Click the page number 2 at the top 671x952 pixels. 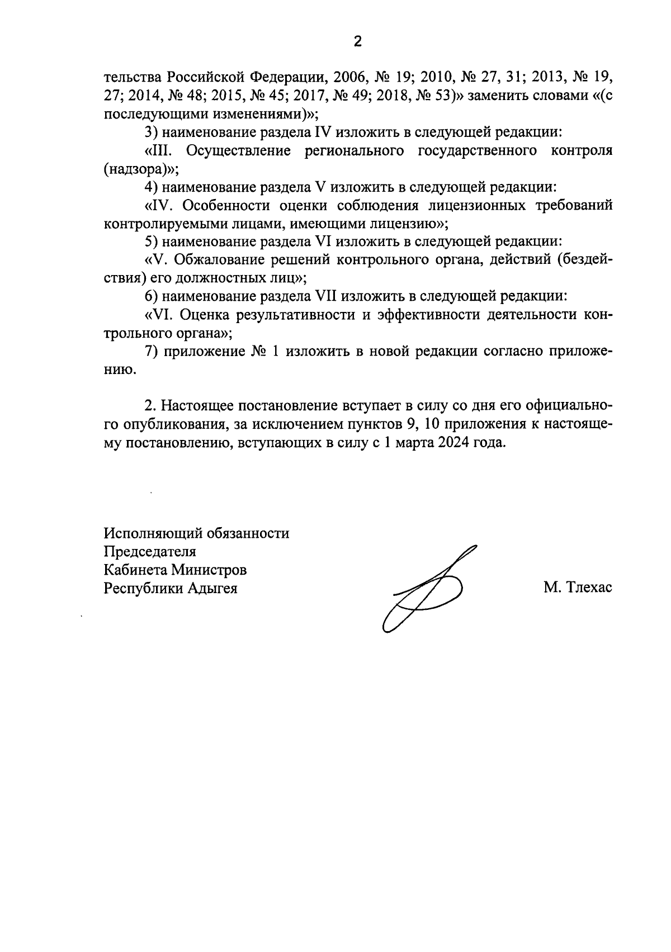point(358,41)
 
